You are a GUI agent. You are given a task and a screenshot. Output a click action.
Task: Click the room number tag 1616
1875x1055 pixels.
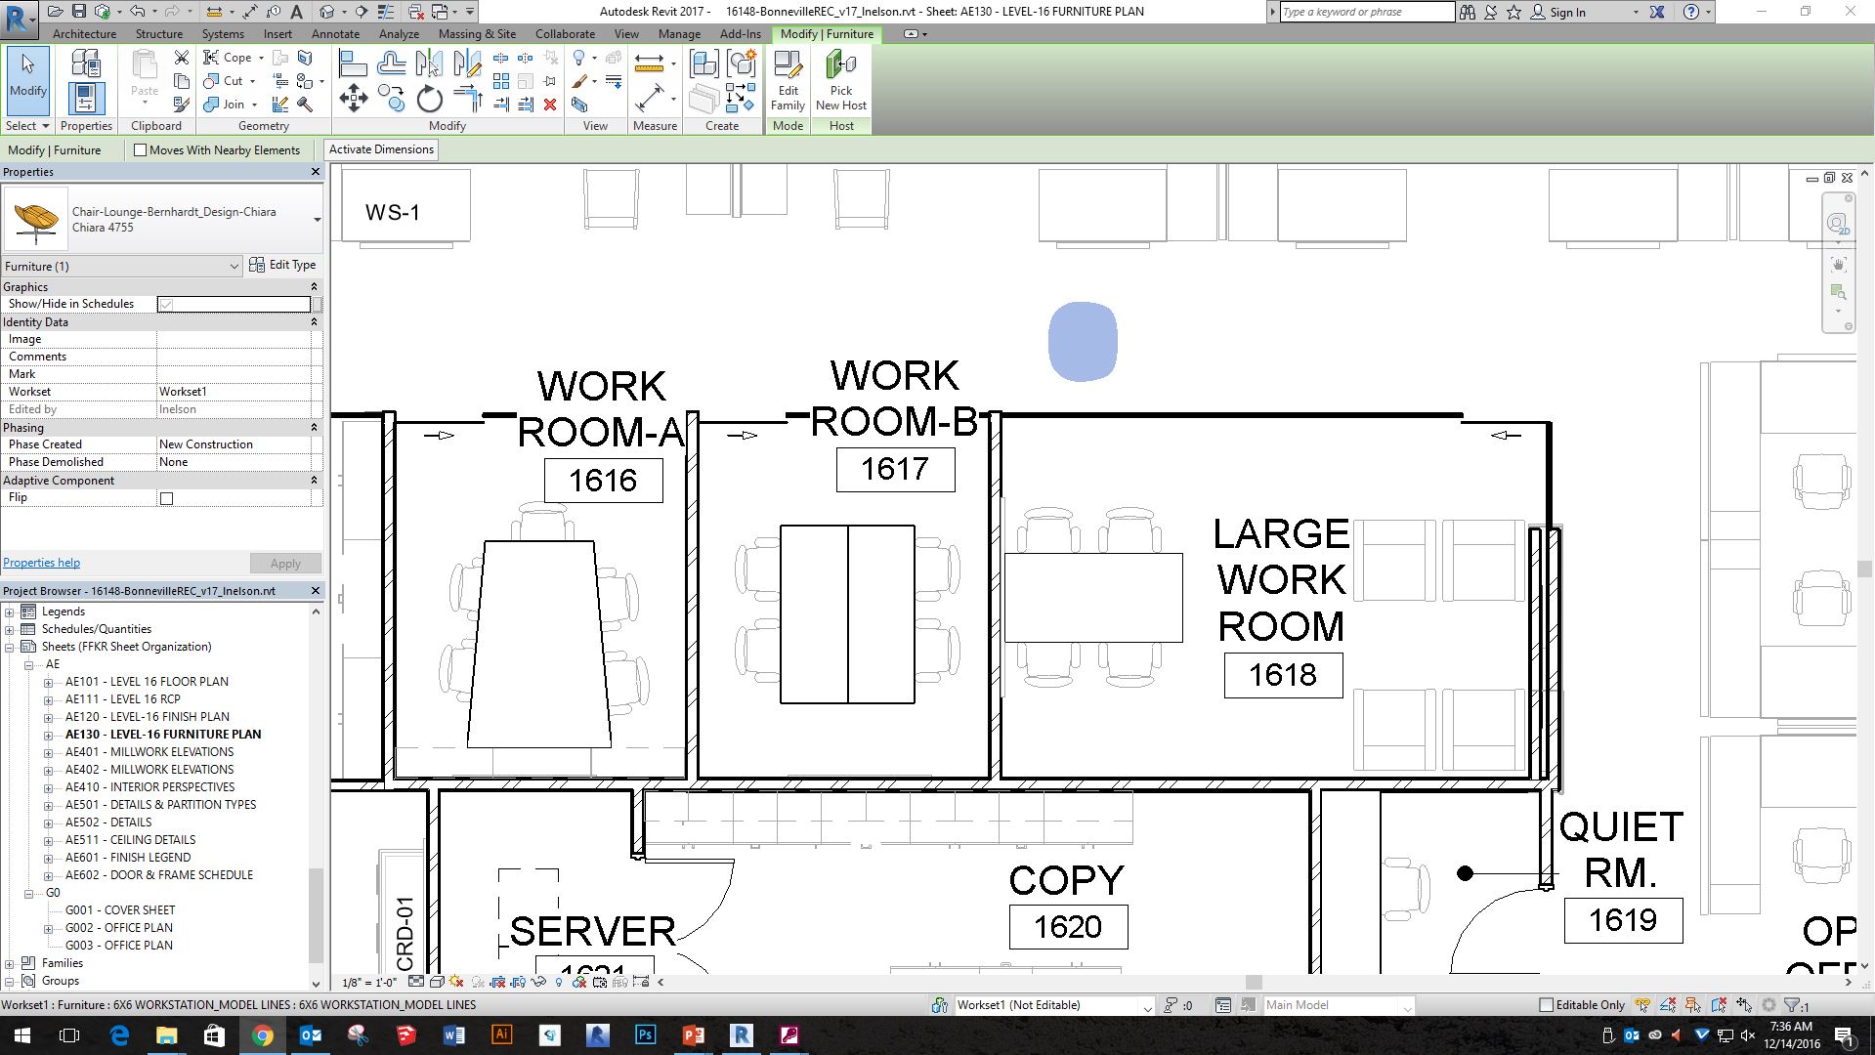click(x=603, y=481)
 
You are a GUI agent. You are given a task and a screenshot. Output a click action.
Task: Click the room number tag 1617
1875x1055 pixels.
click(x=895, y=469)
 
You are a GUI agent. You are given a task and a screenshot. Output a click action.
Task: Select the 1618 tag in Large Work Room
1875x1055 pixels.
click(x=1283, y=675)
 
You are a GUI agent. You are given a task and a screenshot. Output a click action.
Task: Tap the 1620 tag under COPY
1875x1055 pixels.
click(x=1068, y=926)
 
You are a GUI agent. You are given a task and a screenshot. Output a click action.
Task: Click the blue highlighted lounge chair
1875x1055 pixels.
click(x=1083, y=341)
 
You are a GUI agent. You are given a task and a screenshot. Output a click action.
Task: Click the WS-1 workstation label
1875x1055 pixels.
click(x=393, y=212)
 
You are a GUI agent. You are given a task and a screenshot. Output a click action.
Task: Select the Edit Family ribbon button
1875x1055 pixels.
click(x=788, y=81)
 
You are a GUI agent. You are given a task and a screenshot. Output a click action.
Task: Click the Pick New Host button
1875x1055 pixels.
click(x=840, y=81)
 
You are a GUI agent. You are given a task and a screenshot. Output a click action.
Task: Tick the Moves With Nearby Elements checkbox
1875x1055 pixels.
click(x=141, y=150)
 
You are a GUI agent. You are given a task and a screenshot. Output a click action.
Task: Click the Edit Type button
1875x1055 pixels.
click(x=283, y=265)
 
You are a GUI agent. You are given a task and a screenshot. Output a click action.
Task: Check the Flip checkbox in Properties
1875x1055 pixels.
click(x=167, y=498)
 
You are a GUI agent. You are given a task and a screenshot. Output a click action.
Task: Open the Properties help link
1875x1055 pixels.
click(x=42, y=563)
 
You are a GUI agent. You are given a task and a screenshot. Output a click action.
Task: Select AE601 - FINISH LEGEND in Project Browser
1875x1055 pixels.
click(x=128, y=857)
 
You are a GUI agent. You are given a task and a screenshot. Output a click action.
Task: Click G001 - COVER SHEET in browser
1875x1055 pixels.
click(x=120, y=909)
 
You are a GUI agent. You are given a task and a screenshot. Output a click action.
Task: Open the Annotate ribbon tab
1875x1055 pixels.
click(x=335, y=33)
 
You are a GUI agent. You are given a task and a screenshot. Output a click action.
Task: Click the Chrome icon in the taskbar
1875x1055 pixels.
click(x=262, y=1035)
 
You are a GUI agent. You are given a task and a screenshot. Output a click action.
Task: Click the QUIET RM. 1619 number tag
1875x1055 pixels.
click(x=1623, y=920)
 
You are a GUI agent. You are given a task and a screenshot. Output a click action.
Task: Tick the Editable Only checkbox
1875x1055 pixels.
click(x=1546, y=1004)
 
